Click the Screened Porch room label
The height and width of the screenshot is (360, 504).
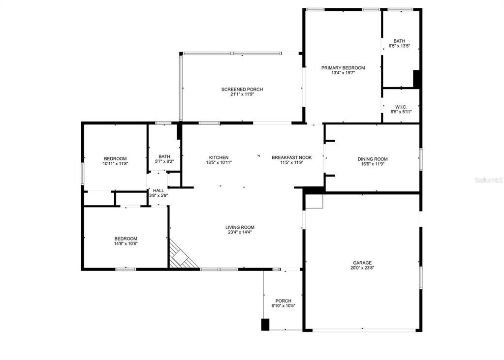point(242,90)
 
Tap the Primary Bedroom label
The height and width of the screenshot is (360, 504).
point(343,68)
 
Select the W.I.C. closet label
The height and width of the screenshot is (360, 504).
point(401,107)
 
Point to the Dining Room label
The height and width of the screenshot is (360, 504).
point(372,159)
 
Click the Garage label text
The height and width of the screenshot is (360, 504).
point(362,263)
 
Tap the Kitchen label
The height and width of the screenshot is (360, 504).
point(219,157)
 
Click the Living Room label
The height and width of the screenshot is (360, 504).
point(240,227)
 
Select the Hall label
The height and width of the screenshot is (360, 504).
point(158,190)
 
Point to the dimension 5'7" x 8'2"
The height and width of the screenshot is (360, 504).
point(164,162)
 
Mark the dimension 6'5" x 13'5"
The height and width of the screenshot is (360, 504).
point(399,46)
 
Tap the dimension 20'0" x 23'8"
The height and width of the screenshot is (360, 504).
point(362,269)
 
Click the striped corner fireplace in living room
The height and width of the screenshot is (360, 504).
point(182,255)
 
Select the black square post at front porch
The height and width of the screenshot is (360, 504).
point(265,325)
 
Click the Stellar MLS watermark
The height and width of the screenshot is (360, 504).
point(489,180)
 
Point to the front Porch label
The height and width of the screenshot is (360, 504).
point(283,301)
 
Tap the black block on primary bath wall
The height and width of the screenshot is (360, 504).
point(416,79)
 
